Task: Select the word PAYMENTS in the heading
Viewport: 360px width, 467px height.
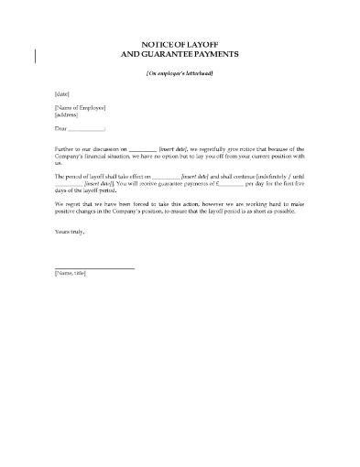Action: (x=217, y=53)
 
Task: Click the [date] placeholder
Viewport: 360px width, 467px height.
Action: (x=61, y=93)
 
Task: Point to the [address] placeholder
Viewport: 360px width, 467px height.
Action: (x=67, y=116)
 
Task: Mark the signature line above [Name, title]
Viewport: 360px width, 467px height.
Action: (x=94, y=267)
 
